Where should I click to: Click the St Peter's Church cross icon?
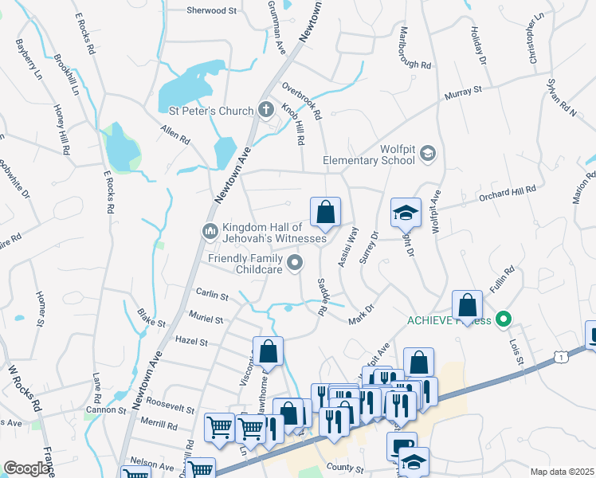(267, 111)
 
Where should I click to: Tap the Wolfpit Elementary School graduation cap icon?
(427, 153)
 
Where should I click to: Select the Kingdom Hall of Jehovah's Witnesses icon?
(210, 231)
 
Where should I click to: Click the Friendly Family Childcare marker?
(296, 261)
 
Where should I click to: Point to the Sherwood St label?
(212, 11)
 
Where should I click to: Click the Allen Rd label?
(174, 133)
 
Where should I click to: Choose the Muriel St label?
(206, 319)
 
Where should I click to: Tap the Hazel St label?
(192, 342)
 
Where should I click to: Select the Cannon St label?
(111, 410)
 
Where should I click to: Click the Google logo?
(26, 468)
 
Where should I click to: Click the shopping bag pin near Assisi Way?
(325, 213)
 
